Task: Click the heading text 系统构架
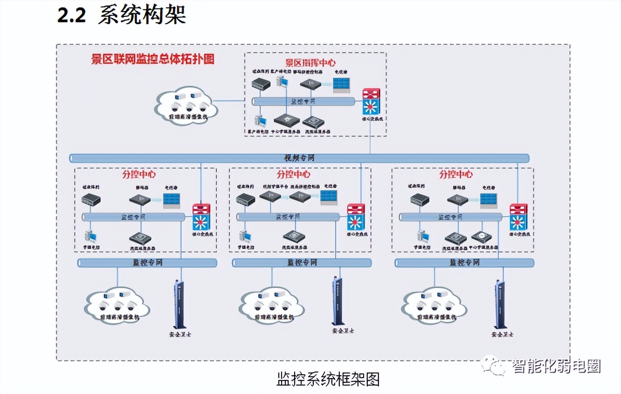[x=142, y=14]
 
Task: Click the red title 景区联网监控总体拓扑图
[x=152, y=60]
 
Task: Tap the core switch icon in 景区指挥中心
[x=371, y=102]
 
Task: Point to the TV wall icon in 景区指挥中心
[x=342, y=85]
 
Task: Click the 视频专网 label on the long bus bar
[x=299, y=158]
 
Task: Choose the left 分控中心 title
[x=139, y=175]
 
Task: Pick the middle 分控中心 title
[x=293, y=175]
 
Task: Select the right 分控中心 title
[x=456, y=175]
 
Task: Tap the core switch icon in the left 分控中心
[x=201, y=217]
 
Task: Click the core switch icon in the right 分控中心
[x=518, y=217]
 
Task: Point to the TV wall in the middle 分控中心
[x=329, y=197]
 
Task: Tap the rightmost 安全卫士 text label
[x=502, y=334]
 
